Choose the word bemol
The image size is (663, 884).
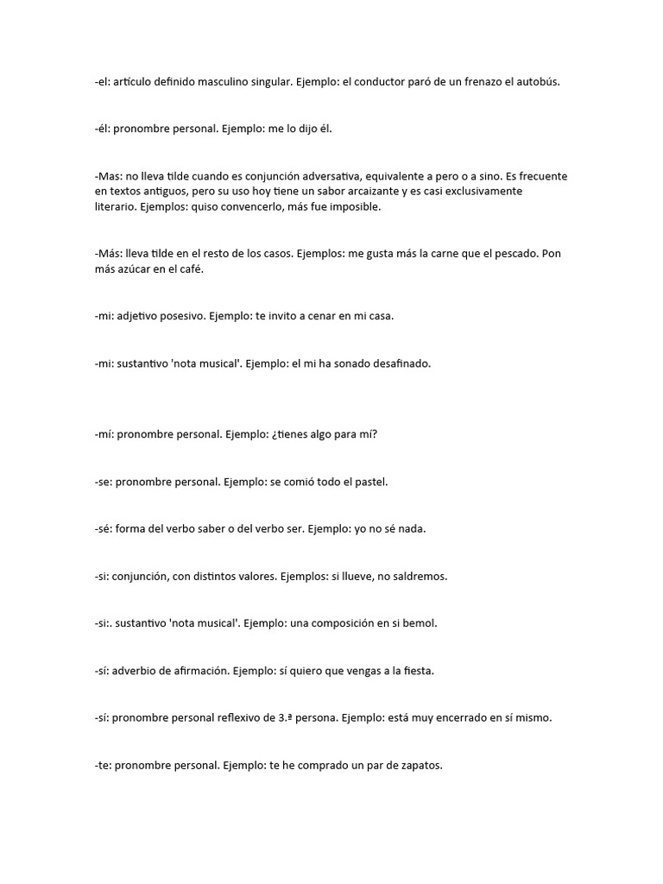coord(420,622)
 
